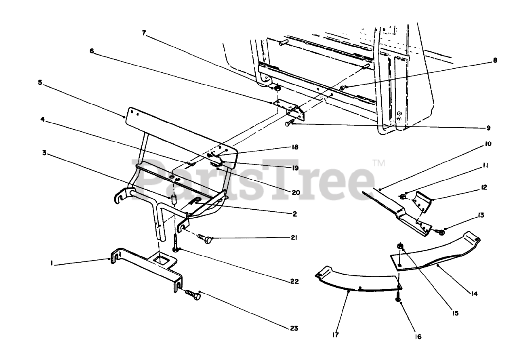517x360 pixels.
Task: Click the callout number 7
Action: (144, 33)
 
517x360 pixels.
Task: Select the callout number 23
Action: (294, 328)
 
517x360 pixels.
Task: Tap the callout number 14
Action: (474, 294)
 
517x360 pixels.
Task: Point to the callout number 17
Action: (336, 335)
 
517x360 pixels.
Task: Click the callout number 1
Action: (52, 263)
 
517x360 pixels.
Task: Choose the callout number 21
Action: (294, 238)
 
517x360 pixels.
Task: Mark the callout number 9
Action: (488, 128)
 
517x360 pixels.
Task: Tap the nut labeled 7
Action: (277, 89)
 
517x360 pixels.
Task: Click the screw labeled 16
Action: (398, 299)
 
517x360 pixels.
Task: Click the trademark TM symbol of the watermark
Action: (378, 163)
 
